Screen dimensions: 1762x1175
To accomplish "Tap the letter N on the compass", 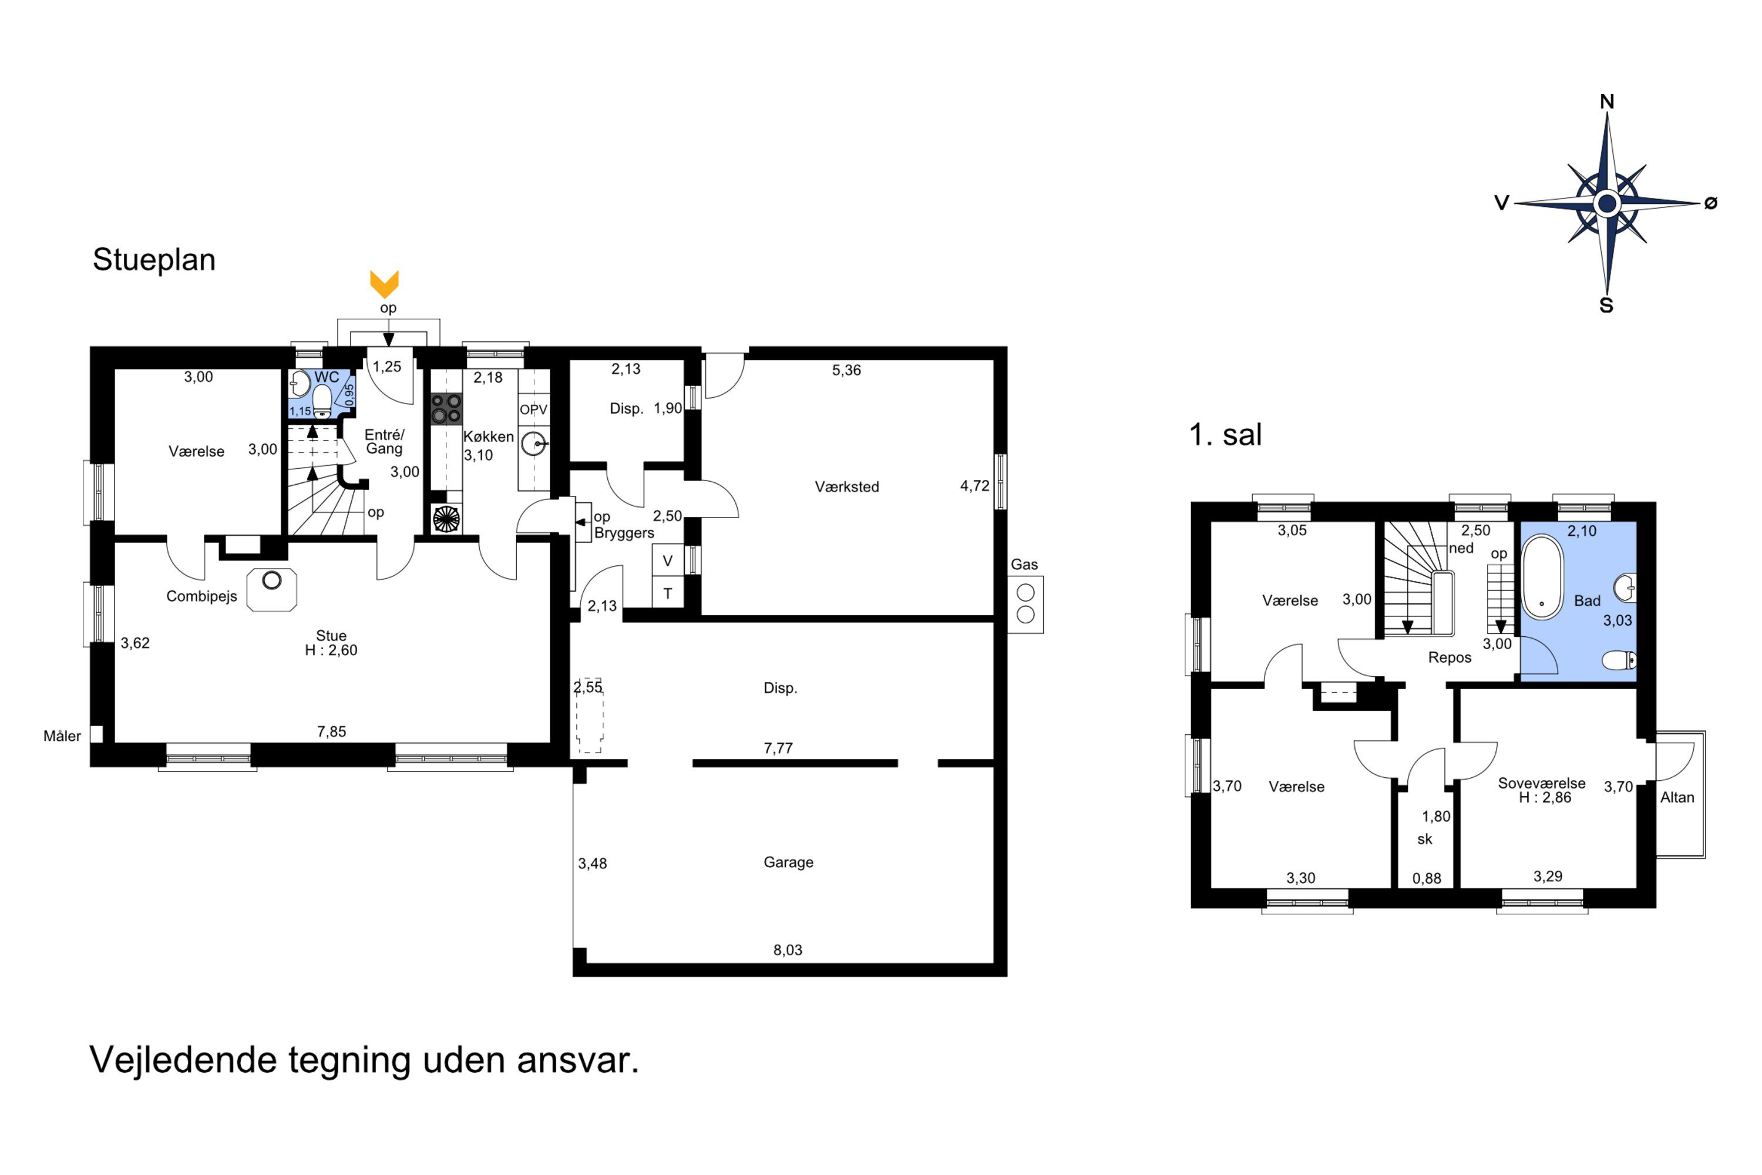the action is point(1606,102).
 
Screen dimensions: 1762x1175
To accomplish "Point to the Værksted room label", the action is point(846,486).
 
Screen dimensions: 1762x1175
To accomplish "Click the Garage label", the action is point(788,862).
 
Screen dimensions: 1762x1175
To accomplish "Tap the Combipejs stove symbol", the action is point(271,590).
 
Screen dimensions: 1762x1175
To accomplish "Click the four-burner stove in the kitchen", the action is point(446,408).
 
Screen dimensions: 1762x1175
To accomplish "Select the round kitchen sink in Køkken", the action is point(534,444).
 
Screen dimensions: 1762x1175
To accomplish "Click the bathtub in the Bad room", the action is point(1542,576).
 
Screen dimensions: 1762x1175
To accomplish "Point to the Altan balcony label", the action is point(1677,797).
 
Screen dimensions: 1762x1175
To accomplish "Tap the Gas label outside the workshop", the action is point(1024,564).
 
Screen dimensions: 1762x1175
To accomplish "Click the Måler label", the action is point(62,736).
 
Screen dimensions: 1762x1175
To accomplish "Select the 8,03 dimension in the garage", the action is point(788,949).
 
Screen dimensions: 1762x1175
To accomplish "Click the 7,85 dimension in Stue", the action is point(331,731).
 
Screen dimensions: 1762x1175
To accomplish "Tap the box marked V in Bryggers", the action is point(667,560).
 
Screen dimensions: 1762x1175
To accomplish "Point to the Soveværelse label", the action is point(1541,783).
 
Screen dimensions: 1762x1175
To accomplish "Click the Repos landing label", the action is point(1450,657).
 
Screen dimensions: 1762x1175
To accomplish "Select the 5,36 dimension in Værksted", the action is point(846,370).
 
